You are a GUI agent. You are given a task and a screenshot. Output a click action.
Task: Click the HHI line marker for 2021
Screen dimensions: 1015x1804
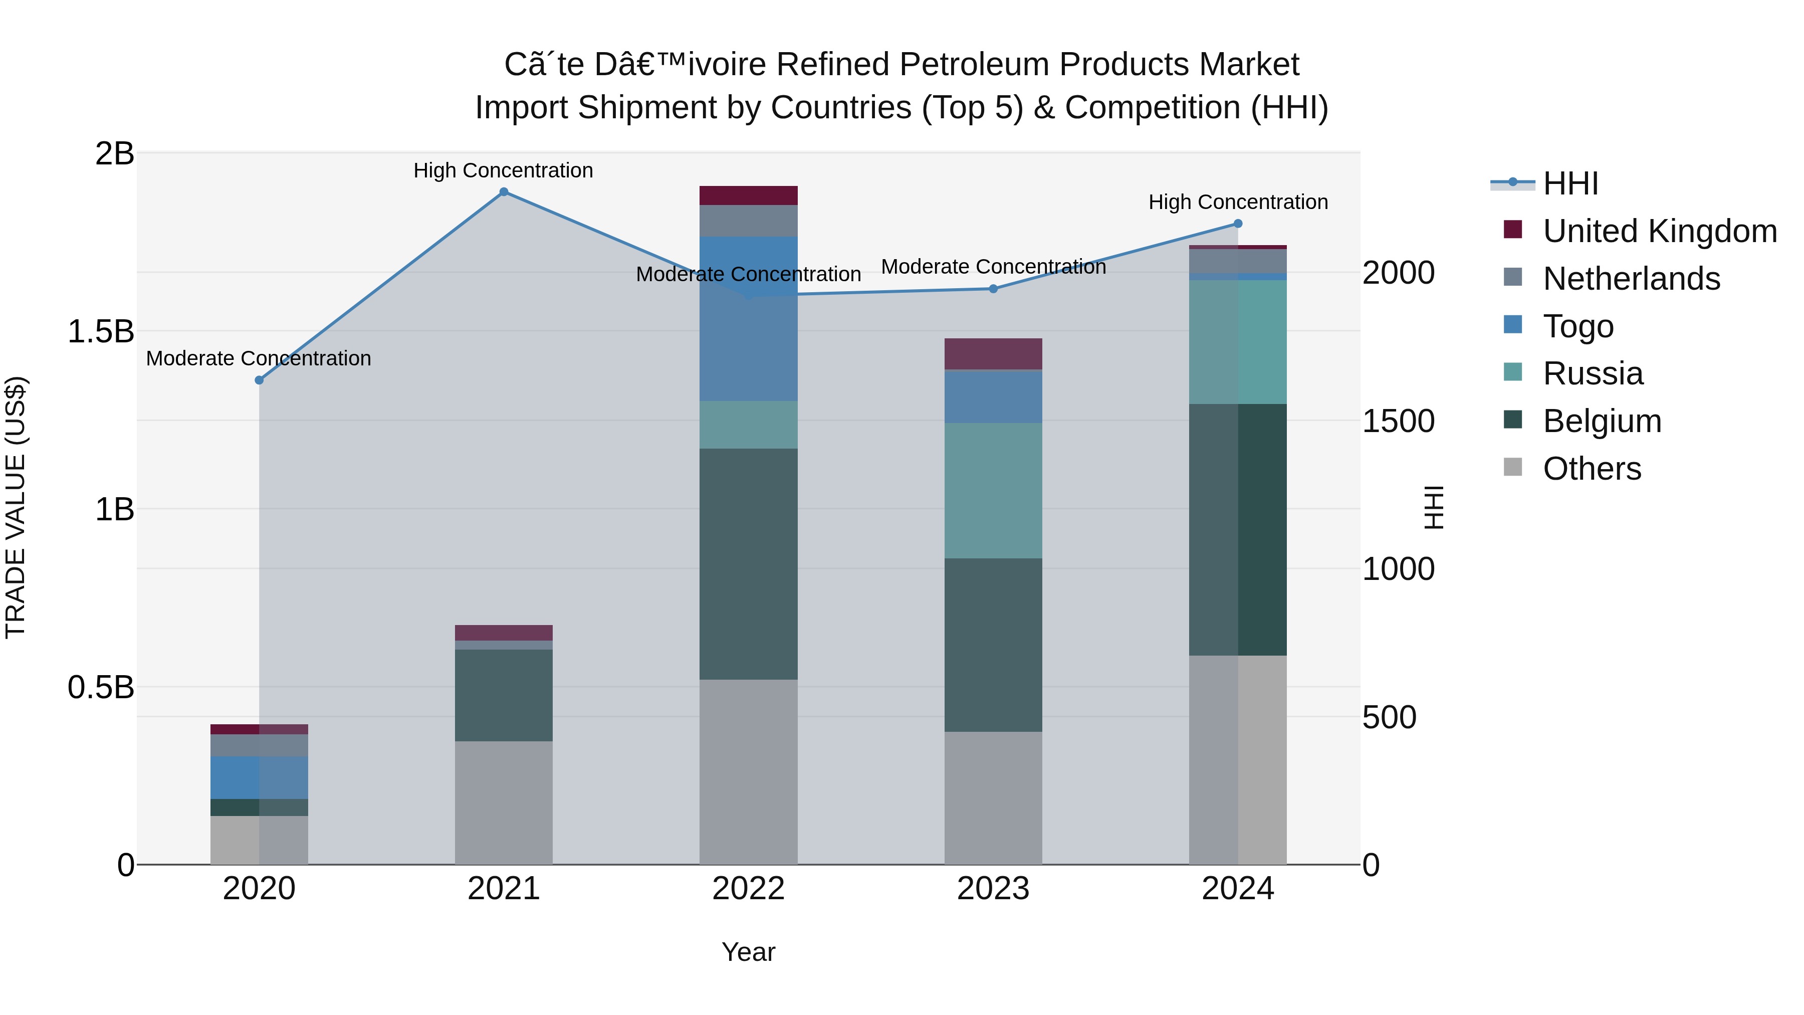[x=504, y=192]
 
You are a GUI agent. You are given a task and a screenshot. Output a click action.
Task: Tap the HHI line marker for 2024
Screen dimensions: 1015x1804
[x=1237, y=224]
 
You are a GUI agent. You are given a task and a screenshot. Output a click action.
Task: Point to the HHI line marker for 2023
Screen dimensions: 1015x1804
[x=993, y=289]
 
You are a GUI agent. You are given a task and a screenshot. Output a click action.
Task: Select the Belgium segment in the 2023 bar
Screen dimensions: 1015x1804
[x=993, y=645]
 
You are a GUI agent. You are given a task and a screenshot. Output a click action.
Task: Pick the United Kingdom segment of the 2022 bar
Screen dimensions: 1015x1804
[x=748, y=195]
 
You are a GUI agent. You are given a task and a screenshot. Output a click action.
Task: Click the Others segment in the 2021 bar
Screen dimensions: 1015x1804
[x=504, y=802]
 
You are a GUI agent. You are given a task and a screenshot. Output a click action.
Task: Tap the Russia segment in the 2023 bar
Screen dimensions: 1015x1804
[x=993, y=490]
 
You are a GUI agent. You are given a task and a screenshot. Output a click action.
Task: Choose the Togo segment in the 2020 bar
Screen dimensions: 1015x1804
[x=259, y=777]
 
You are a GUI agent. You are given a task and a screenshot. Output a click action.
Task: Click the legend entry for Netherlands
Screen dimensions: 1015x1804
[x=1631, y=279]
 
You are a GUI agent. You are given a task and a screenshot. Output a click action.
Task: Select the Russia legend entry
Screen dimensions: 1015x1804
[x=1593, y=373]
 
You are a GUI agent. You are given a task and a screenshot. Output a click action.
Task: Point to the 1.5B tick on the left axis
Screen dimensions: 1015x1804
[x=100, y=331]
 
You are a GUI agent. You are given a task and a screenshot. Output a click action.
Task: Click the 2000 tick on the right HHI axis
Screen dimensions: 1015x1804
[x=1398, y=273]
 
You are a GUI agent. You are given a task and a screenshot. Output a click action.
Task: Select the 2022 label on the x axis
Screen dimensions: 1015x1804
[x=748, y=889]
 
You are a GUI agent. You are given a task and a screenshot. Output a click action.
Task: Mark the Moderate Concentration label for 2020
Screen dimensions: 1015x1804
[x=259, y=358]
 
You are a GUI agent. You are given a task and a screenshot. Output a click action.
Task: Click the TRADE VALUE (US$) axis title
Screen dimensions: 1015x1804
[x=16, y=507]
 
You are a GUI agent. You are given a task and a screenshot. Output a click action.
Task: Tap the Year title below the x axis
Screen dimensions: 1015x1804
[x=748, y=952]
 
